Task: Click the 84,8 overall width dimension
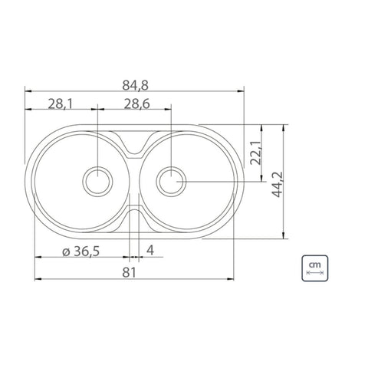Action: (x=135, y=86)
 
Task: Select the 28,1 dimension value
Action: (x=61, y=104)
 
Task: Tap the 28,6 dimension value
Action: (x=137, y=104)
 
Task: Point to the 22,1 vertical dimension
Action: (x=255, y=153)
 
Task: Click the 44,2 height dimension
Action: (x=277, y=185)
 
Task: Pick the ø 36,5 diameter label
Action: (x=80, y=251)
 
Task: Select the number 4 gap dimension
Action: (x=150, y=250)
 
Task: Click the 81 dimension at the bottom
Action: (x=129, y=273)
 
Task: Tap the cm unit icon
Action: (x=315, y=268)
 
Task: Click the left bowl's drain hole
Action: (x=97, y=182)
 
